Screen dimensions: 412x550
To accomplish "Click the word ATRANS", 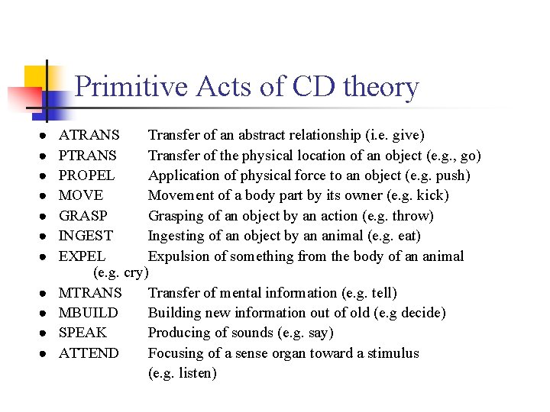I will coord(89,136).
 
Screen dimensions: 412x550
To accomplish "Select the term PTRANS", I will coord(88,156).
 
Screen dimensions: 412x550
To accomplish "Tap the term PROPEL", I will coord(87,175).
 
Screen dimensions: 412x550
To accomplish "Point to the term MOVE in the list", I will coord(81,196).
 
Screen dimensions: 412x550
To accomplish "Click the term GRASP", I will coord(83,216).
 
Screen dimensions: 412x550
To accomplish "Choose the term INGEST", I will coord(86,236).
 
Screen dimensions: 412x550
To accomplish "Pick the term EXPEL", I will coord(82,256).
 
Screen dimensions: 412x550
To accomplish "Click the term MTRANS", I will coord(90,293).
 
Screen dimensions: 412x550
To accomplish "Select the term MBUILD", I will coord(89,313).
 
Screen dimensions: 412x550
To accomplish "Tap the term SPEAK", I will coord(83,333).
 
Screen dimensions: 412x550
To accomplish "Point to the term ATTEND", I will coord(89,353).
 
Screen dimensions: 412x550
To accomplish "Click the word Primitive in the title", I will coord(131,87).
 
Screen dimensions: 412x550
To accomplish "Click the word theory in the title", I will coord(380,87).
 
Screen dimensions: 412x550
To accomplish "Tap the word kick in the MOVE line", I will coord(431,196).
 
